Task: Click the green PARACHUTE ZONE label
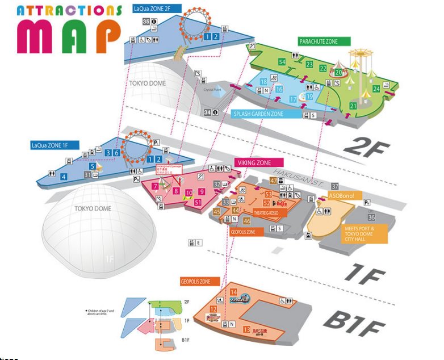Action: click(x=325, y=41)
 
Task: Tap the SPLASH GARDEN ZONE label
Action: click(x=258, y=114)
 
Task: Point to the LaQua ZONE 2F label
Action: click(x=156, y=9)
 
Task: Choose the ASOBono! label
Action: click(x=342, y=196)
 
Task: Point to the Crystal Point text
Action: click(x=213, y=90)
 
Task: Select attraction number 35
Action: click(x=146, y=22)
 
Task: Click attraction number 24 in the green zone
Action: click(x=376, y=89)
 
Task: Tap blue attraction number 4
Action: click(x=64, y=177)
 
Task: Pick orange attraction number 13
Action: click(x=246, y=329)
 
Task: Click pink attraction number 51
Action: click(x=198, y=202)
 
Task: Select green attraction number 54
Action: click(x=282, y=61)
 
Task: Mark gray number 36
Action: click(x=371, y=217)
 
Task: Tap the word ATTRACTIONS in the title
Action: click(x=69, y=10)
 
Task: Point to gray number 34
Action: click(x=208, y=112)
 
